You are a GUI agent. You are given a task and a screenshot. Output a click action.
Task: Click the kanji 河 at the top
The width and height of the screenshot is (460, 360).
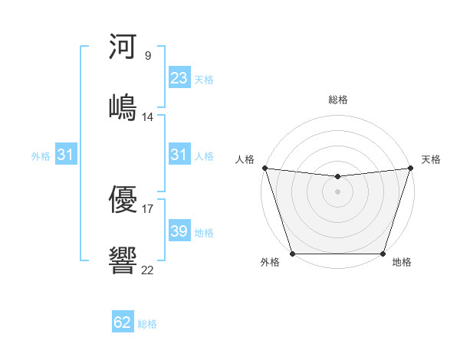pyautogui.click(x=123, y=47)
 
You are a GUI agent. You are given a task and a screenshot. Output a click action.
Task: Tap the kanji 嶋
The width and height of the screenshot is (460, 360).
pyautogui.click(x=123, y=106)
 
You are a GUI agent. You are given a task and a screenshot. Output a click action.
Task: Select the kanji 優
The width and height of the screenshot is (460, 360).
pyautogui.click(x=123, y=198)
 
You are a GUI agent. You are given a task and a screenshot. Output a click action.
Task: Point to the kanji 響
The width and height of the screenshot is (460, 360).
pyautogui.click(x=123, y=258)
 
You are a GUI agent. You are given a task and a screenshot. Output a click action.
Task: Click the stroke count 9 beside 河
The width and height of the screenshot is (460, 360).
pyautogui.click(x=147, y=55)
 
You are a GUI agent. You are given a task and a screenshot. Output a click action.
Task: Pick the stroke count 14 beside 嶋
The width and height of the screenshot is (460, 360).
pyautogui.click(x=148, y=117)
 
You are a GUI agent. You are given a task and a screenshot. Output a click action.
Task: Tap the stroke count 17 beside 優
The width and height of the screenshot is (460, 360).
pyautogui.click(x=148, y=208)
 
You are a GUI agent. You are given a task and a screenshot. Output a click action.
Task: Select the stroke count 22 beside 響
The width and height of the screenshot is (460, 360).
pyautogui.click(x=148, y=269)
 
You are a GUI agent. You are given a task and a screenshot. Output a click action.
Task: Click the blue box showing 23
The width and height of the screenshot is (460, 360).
pyautogui.click(x=179, y=78)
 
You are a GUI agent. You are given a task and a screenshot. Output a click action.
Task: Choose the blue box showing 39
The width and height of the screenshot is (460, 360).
pyautogui.click(x=179, y=231)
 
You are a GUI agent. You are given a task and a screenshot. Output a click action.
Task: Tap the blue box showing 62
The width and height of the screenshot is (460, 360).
pyautogui.click(x=123, y=322)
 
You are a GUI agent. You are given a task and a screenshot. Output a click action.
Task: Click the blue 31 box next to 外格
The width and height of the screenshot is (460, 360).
pyautogui.click(x=65, y=155)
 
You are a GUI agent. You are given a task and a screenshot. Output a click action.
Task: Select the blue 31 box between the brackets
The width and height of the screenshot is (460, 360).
pyautogui.click(x=179, y=155)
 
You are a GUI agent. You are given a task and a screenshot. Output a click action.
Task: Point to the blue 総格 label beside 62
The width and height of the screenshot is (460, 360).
pyautogui.click(x=147, y=324)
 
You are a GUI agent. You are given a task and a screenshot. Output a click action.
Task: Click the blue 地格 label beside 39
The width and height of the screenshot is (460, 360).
pyautogui.click(x=204, y=233)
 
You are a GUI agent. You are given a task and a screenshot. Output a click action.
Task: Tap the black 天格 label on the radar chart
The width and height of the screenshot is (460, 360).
pyautogui.click(x=431, y=159)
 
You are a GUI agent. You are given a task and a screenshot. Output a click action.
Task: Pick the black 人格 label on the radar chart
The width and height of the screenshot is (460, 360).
pyautogui.click(x=245, y=159)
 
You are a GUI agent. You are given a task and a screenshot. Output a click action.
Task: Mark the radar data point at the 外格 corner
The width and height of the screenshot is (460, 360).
pyautogui.click(x=292, y=254)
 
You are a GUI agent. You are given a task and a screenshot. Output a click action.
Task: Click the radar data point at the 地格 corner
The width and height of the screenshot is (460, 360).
pyautogui.click(x=383, y=254)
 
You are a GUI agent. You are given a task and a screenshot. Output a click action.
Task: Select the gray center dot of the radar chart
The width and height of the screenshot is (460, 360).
pyautogui.click(x=337, y=191)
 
